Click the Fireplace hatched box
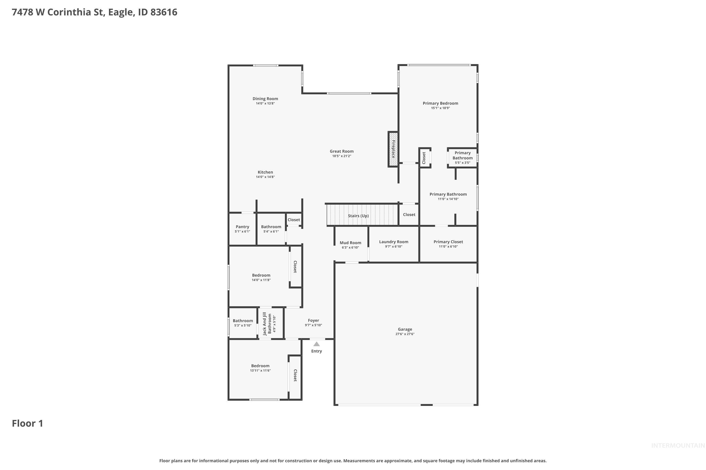click(393, 149)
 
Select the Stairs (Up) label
click(358, 216)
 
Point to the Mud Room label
click(350, 243)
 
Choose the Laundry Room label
click(393, 242)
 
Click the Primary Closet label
click(448, 242)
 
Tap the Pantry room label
click(242, 227)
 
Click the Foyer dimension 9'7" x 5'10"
click(313, 325)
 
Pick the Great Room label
click(342, 151)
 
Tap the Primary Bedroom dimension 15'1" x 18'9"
click(440, 108)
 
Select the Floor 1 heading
click(27, 423)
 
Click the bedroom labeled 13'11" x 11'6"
click(260, 368)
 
